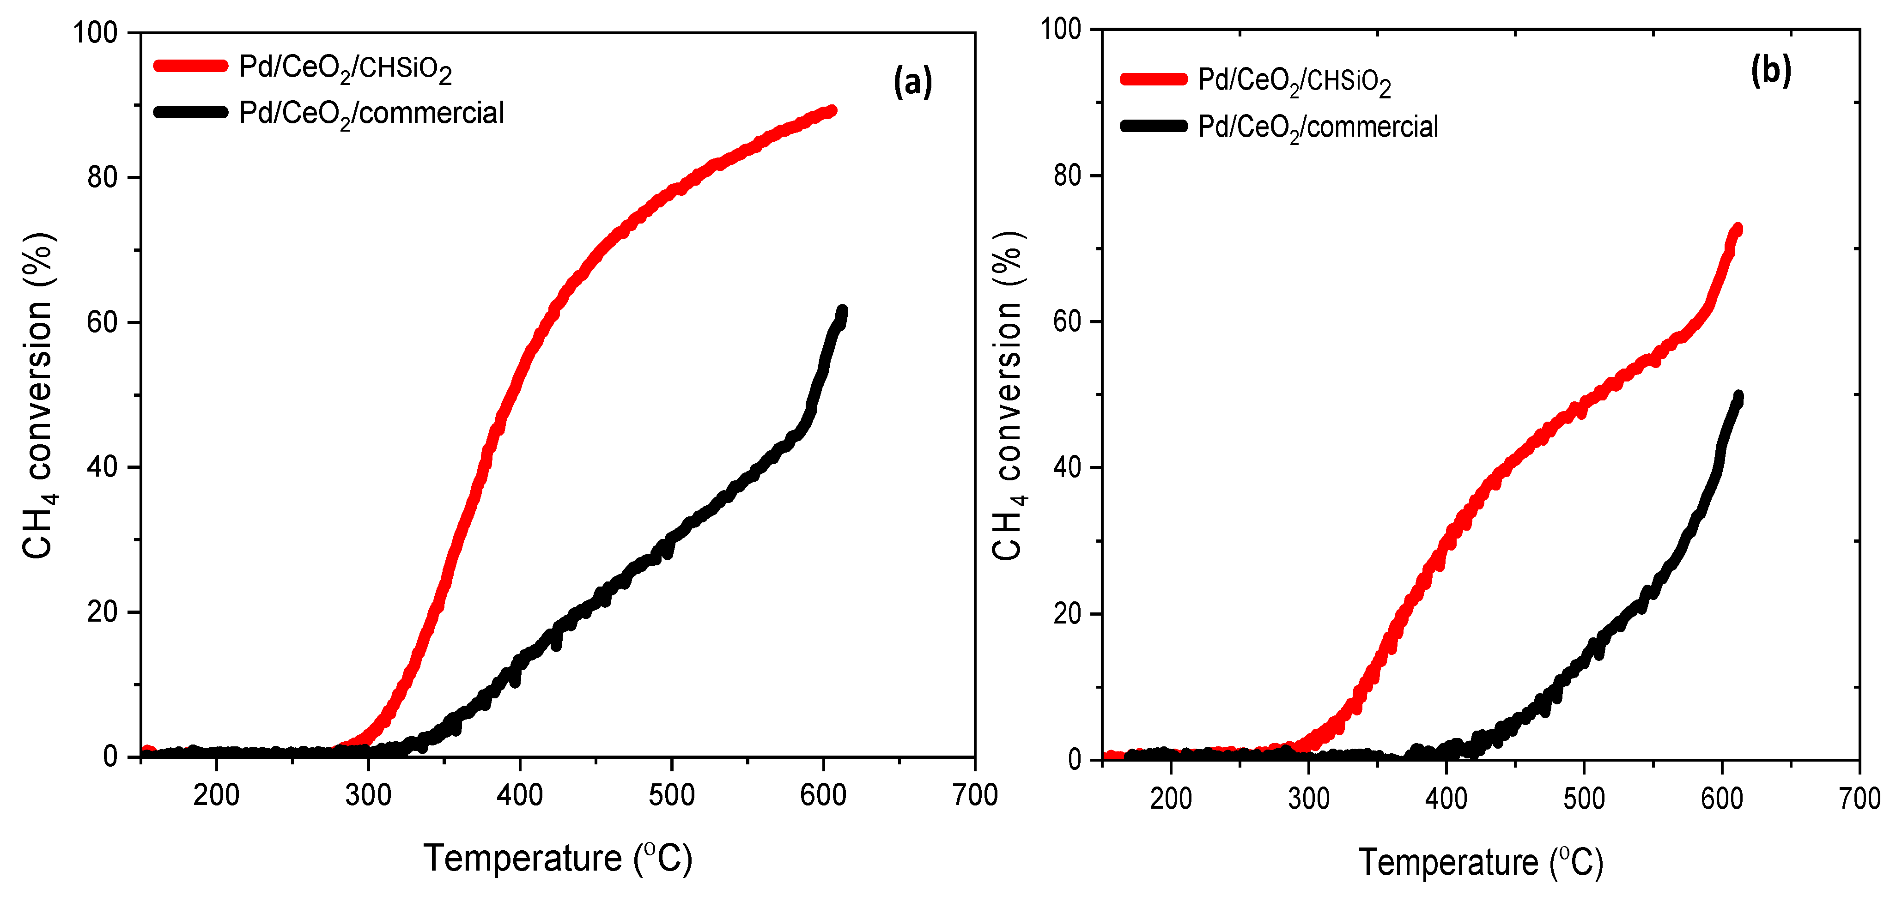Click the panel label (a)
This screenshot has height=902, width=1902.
pyautogui.click(x=912, y=82)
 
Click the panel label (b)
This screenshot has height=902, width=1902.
pyautogui.click(x=1771, y=71)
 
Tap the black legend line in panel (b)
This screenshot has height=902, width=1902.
pyautogui.click(x=1153, y=126)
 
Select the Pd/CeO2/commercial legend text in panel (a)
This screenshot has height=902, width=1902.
pyautogui.click(x=371, y=114)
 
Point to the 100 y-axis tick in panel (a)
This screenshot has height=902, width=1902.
pyautogui.click(x=96, y=33)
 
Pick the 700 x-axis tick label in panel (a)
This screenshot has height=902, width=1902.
pyautogui.click(x=975, y=796)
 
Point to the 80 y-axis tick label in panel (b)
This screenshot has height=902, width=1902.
pyautogui.click(x=1067, y=176)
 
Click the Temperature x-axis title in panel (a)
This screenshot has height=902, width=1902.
pyautogui.click(x=558, y=859)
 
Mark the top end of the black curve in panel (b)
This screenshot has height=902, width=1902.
pyautogui.click(x=1738, y=396)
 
